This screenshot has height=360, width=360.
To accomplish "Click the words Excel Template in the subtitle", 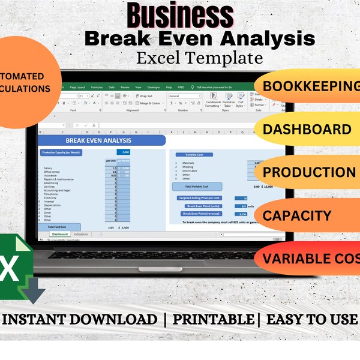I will click(x=199, y=58).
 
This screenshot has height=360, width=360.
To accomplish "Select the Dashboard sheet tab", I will click(x=59, y=234).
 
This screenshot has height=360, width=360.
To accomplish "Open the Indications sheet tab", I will click(x=81, y=234).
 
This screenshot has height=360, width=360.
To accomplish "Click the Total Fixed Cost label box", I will click(x=57, y=227).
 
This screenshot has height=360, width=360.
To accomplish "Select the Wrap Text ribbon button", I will click(x=145, y=96).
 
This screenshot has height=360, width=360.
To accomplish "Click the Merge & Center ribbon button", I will click(x=148, y=103).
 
